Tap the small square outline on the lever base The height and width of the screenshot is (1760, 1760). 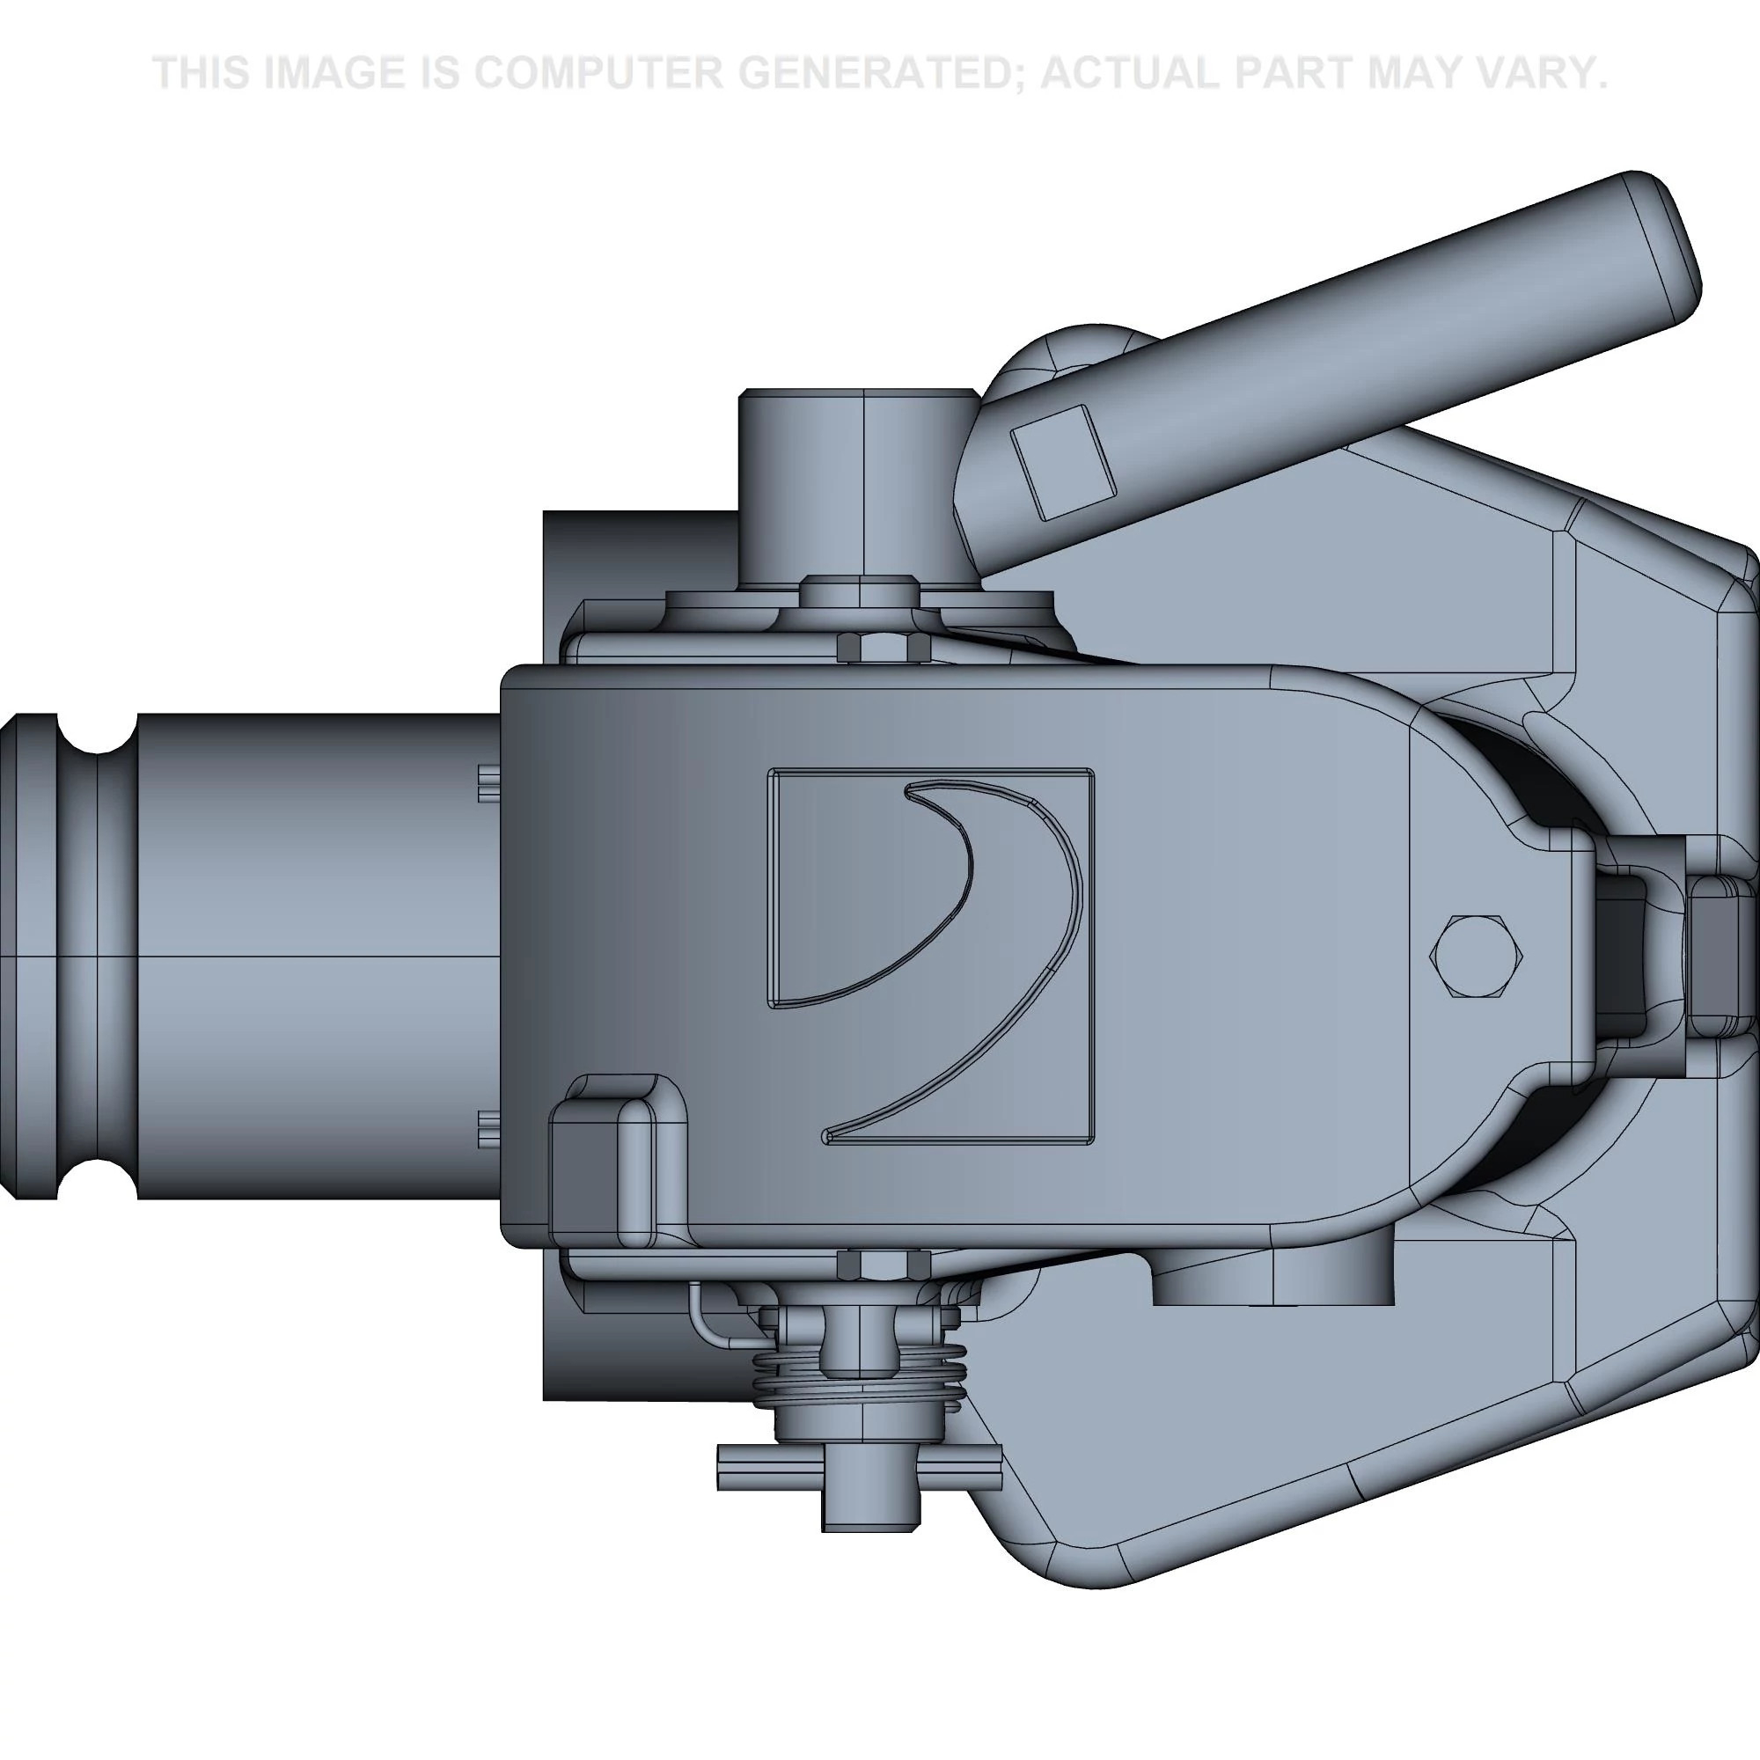1064,462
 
